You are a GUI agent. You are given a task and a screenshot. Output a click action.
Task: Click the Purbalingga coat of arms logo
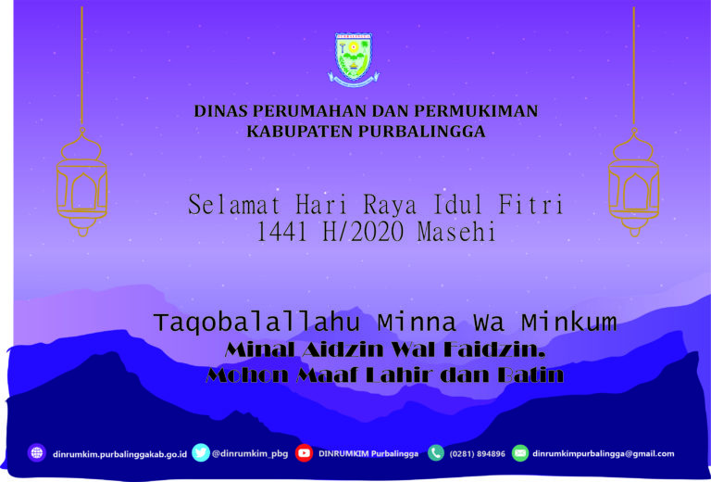click(354, 57)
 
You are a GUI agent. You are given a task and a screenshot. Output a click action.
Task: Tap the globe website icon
click(37, 453)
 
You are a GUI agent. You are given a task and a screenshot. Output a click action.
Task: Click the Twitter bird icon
click(201, 453)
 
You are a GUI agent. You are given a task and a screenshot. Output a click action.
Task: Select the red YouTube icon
click(304, 453)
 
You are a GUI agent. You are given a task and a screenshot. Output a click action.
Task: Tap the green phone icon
click(435, 453)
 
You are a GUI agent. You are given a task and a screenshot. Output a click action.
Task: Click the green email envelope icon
click(519, 453)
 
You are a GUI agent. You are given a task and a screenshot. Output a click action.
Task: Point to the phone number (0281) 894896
click(478, 454)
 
